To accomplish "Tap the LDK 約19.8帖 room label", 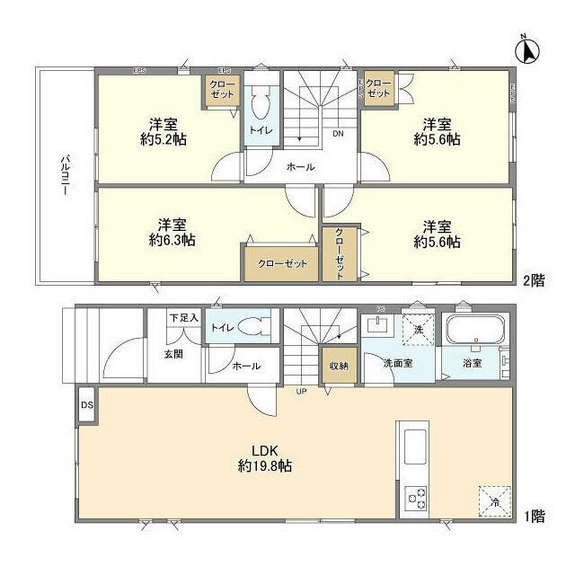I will point(264,458).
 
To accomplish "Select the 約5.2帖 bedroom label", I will point(163,132).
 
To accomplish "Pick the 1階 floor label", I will point(533,516).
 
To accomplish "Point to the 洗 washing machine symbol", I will point(417,330).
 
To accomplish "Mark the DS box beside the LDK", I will point(87,405).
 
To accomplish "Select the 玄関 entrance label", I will point(173,354).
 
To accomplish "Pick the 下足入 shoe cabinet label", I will point(183,319).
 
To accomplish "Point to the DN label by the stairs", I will point(339,135).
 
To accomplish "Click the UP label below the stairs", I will point(302,391).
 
